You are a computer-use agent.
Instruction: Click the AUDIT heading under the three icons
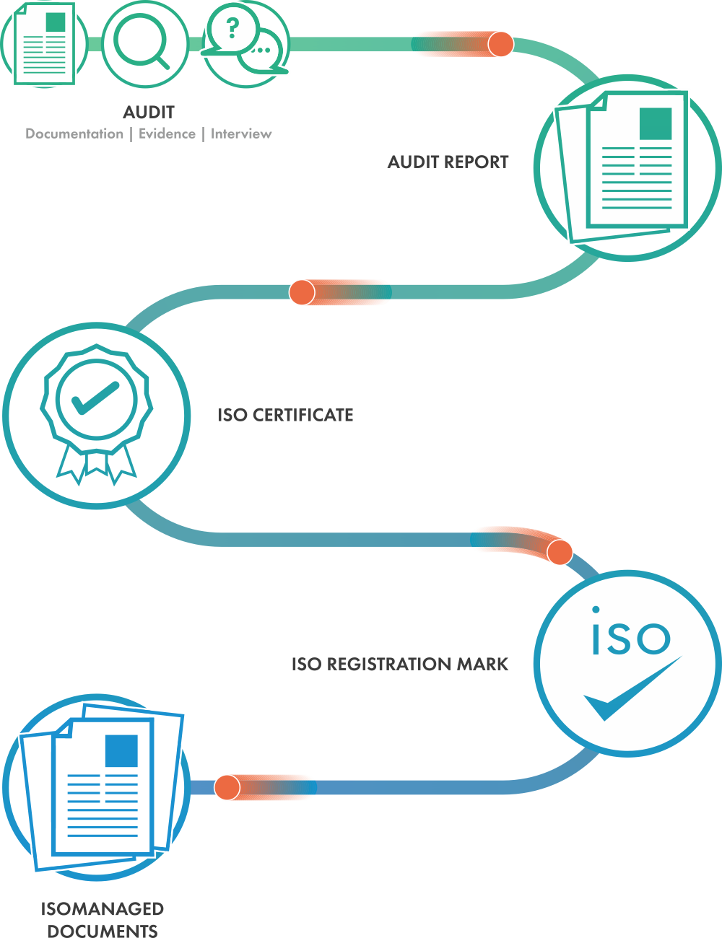tap(149, 112)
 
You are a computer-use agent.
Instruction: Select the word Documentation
tap(74, 133)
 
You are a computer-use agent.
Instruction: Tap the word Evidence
tap(167, 133)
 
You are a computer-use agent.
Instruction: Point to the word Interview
tap(241, 133)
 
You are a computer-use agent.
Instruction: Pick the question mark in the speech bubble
tap(232, 29)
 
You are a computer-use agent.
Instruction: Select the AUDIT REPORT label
tap(448, 162)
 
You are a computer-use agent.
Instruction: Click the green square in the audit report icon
tap(656, 123)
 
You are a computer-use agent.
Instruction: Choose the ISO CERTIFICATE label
tap(285, 415)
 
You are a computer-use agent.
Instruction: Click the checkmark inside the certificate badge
tap(95, 398)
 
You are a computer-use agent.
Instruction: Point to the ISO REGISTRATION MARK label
tap(400, 664)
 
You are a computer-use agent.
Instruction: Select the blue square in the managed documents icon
tap(121, 750)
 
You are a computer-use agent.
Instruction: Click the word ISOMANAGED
tap(103, 908)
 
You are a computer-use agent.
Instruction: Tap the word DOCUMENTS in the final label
tap(103, 931)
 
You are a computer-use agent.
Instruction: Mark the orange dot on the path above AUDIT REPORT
tap(500, 44)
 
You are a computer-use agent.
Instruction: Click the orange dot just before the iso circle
tap(560, 553)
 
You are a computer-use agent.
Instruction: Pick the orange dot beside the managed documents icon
tap(227, 787)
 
